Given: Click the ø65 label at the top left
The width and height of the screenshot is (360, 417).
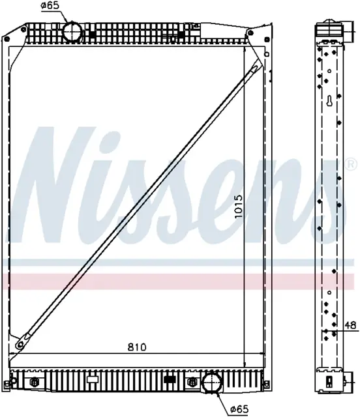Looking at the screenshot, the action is click(x=50, y=6).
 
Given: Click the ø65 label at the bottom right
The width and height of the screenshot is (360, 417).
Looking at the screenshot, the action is click(x=239, y=409).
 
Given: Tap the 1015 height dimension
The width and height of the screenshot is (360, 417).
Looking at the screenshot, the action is click(x=239, y=207).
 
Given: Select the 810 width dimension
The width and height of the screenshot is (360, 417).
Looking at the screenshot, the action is click(x=137, y=347).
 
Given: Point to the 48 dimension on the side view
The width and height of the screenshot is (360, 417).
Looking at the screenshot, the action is click(x=350, y=324).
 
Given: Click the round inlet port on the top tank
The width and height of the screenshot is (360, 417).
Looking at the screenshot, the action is click(x=72, y=32).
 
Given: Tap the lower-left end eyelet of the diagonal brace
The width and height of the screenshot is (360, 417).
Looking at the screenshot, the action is click(x=20, y=344).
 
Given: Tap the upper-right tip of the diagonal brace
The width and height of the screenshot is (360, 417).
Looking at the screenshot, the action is click(x=257, y=66).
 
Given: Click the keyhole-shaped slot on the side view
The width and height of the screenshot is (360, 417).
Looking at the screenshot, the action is click(x=329, y=100).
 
